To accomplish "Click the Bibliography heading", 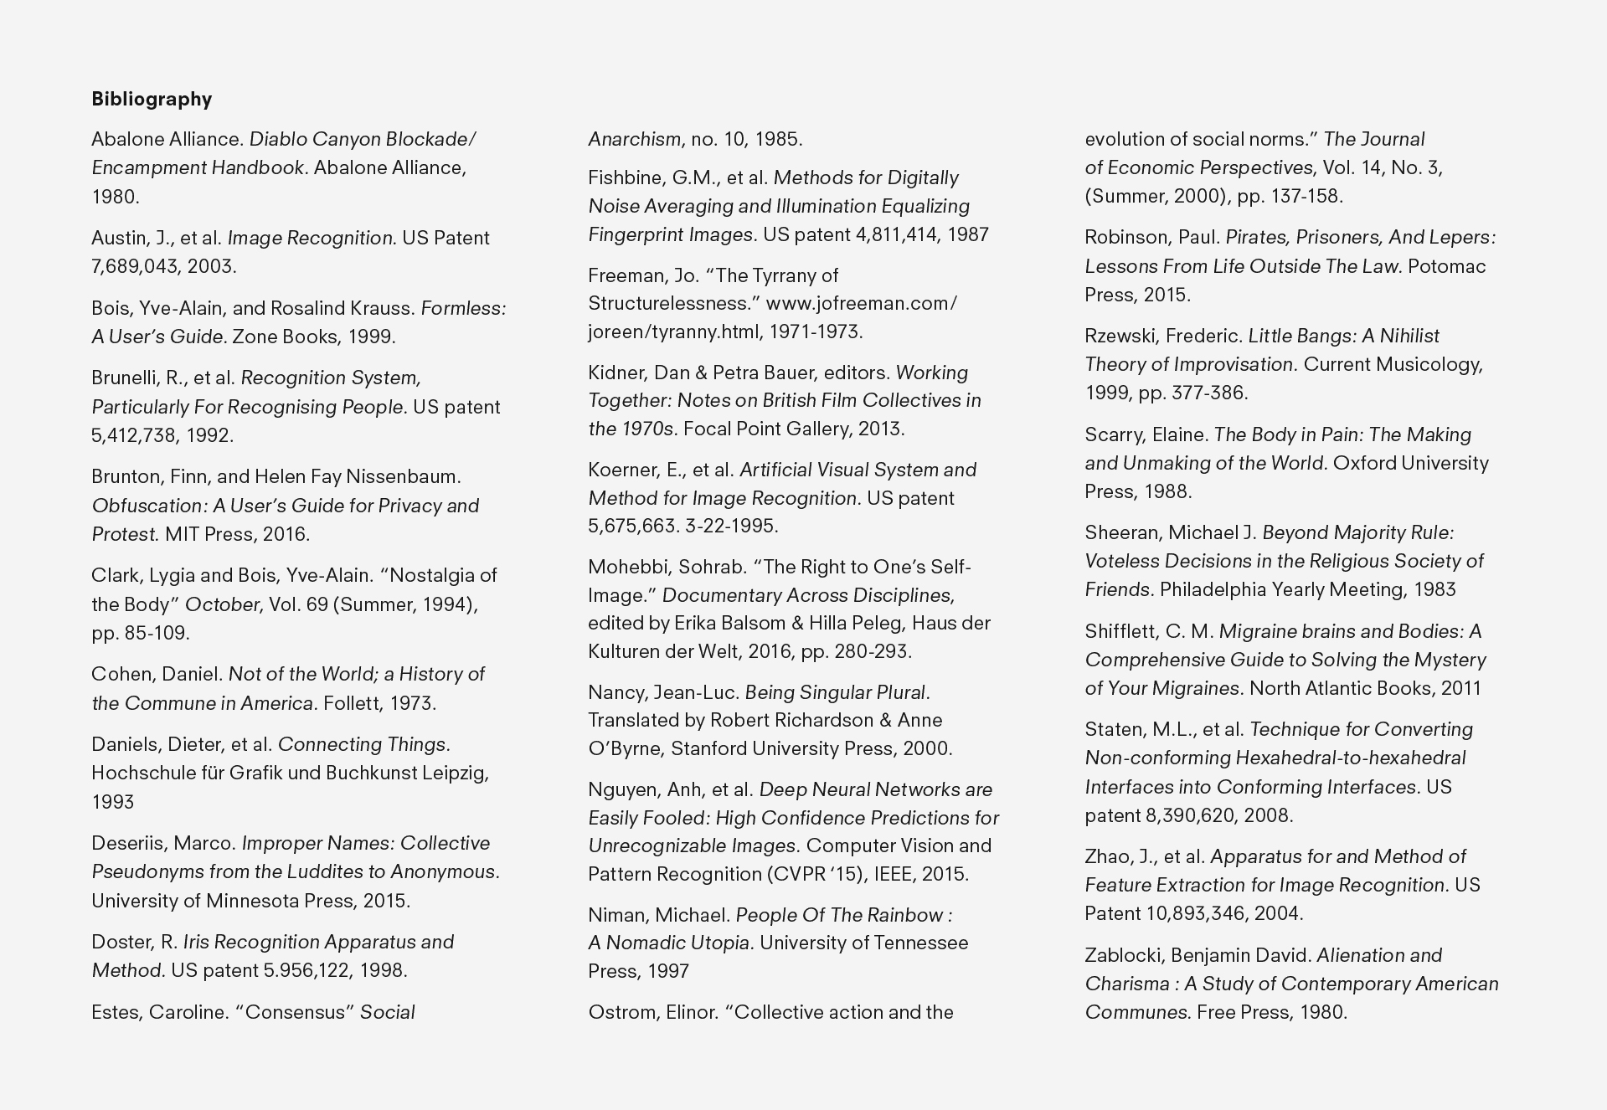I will pyautogui.click(x=152, y=99).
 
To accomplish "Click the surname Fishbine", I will pyautogui.click(x=625, y=177).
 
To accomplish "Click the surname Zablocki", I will pyautogui.click(x=1122, y=955).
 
